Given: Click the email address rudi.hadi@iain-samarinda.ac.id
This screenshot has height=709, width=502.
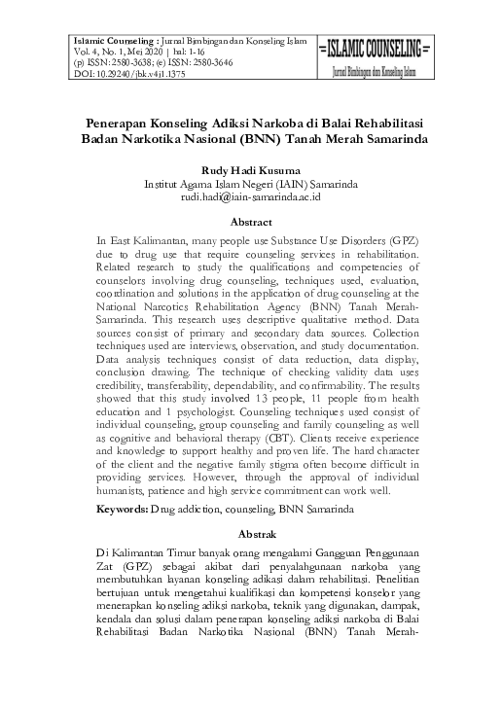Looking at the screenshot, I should click(251, 195).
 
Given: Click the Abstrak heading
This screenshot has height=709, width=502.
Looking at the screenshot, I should click(251, 534).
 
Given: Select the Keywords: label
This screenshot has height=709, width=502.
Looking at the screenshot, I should click(122, 509).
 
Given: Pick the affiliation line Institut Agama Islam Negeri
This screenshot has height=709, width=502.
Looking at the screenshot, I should click(251, 183).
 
